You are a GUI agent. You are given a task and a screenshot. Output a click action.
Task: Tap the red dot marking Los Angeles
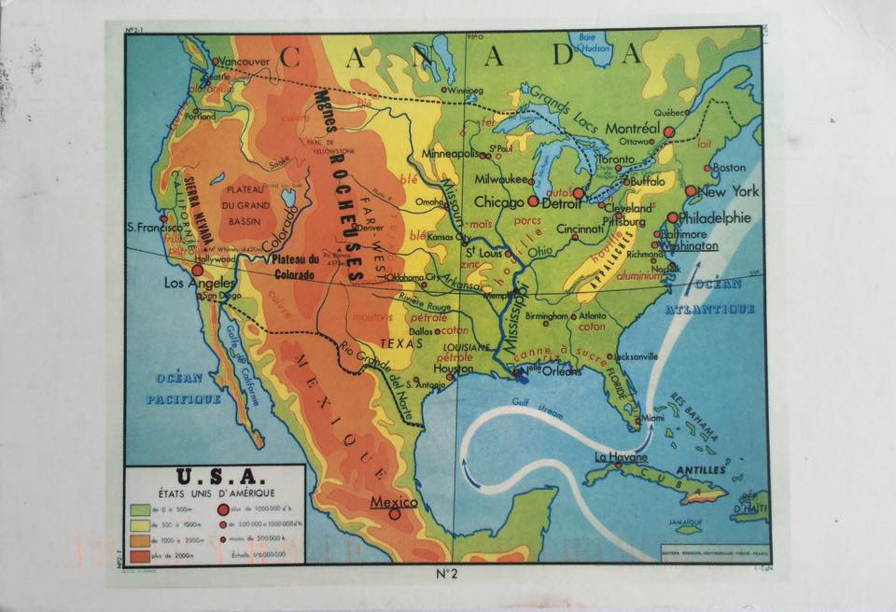(x=197, y=270)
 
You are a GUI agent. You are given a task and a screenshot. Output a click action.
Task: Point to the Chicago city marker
(x=533, y=201)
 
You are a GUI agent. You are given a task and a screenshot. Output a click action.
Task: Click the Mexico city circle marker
(x=394, y=512)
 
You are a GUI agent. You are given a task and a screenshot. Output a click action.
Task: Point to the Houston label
(x=453, y=369)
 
